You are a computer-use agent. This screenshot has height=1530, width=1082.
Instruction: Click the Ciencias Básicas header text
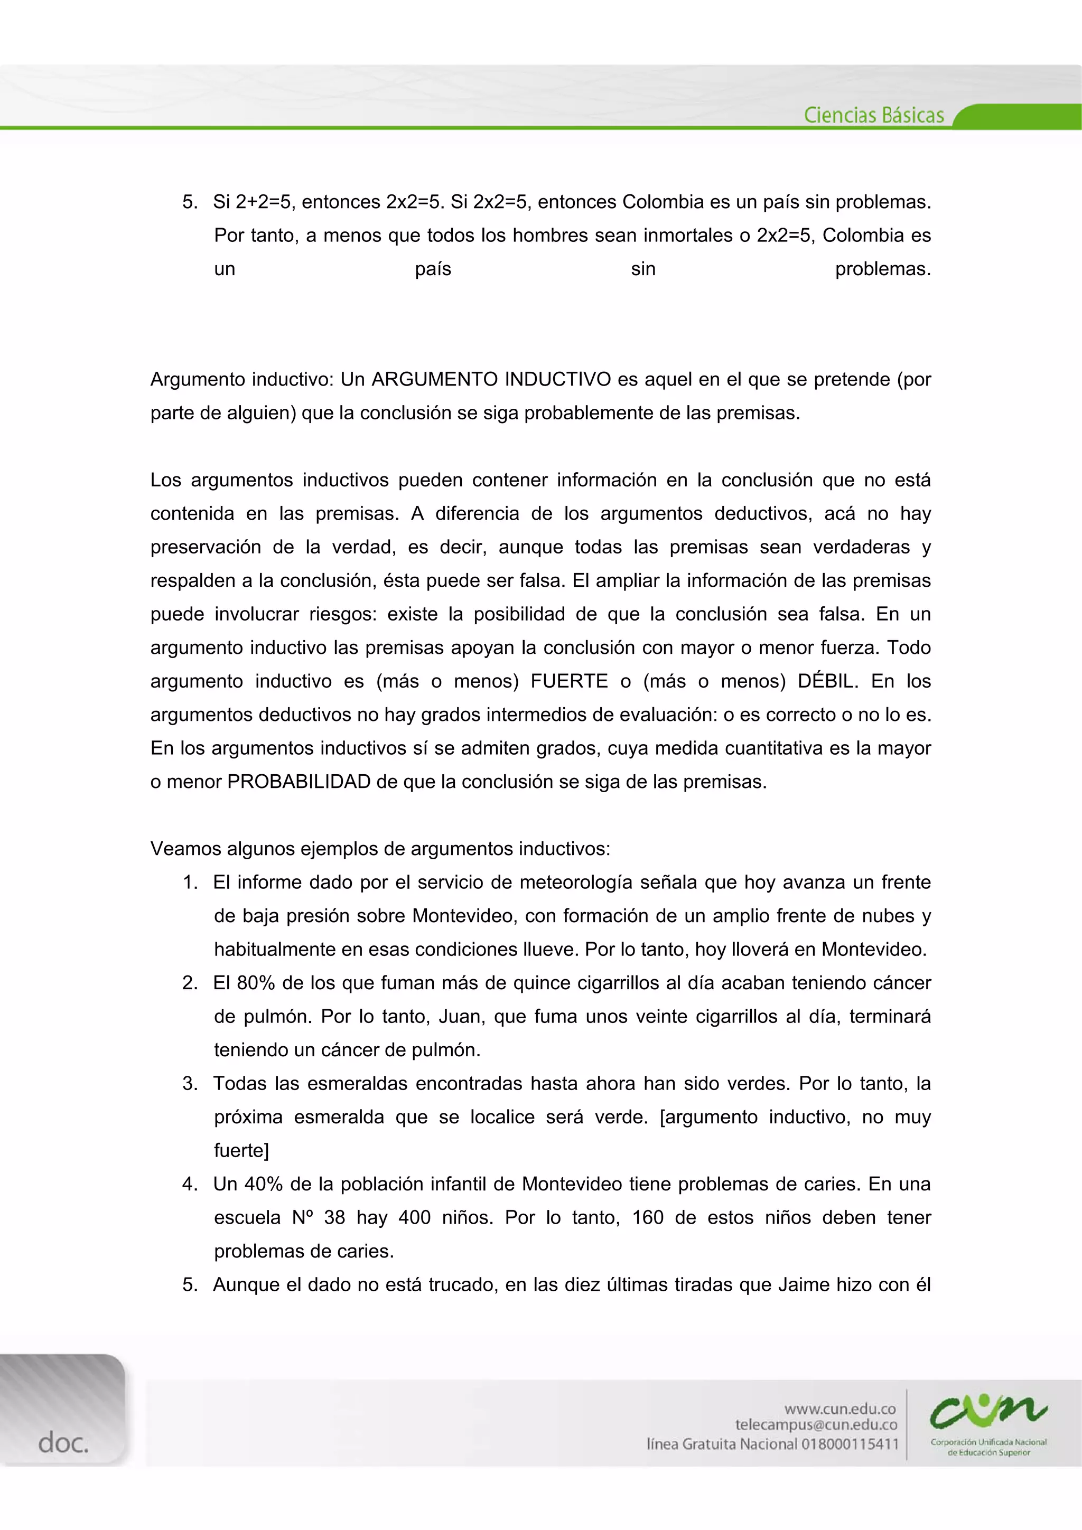(873, 115)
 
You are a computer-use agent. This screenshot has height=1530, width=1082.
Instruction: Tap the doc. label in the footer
(63, 1443)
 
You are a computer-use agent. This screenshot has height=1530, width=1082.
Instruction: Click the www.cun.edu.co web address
(840, 1409)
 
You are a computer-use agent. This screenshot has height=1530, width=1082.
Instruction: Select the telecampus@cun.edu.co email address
(816, 1425)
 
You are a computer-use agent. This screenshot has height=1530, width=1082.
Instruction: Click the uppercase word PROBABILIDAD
(299, 782)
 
